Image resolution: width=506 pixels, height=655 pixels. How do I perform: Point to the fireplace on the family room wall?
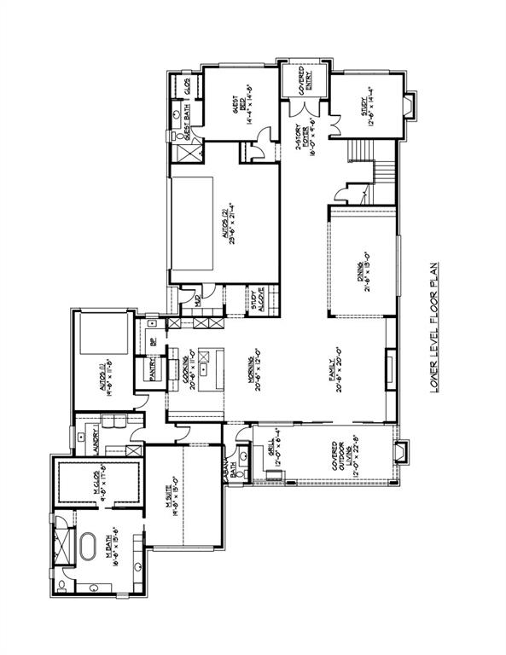(x=391, y=370)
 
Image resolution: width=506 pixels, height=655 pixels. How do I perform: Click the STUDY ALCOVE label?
(x=256, y=300)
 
